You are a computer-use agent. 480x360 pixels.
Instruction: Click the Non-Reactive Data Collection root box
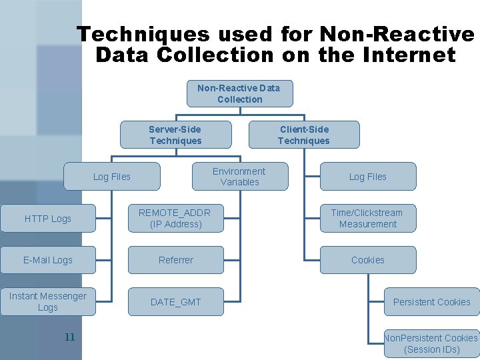tap(239, 93)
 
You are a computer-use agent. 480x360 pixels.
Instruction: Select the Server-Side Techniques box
tap(175, 135)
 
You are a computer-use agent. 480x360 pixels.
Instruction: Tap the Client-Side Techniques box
tap(304, 135)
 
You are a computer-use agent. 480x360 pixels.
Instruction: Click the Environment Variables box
tap(239, 177)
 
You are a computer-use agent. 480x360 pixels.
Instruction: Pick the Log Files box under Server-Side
tap(112, 177)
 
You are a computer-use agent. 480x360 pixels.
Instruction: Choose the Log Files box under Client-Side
tap(368, 177)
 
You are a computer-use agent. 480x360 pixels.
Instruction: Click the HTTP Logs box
tap(48, 219)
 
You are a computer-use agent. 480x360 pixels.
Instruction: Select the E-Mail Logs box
tap(48, 260)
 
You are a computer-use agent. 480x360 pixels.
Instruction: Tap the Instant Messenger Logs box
tap(48, 302)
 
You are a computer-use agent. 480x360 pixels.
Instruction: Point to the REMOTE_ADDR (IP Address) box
tap(175, 219)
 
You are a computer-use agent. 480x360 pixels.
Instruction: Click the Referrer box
tap(176, 260)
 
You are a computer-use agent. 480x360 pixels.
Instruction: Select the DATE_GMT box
tap(176, 302)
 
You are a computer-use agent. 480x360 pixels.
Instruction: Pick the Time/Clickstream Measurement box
tap(368, 219)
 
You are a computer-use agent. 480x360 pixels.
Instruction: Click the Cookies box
tap(368, 260)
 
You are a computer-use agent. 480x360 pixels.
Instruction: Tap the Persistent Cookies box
tap(432, 302)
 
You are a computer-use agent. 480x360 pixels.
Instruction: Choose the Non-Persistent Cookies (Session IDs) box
tap(432, 343)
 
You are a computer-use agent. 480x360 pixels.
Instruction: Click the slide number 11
tap(69, 337)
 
